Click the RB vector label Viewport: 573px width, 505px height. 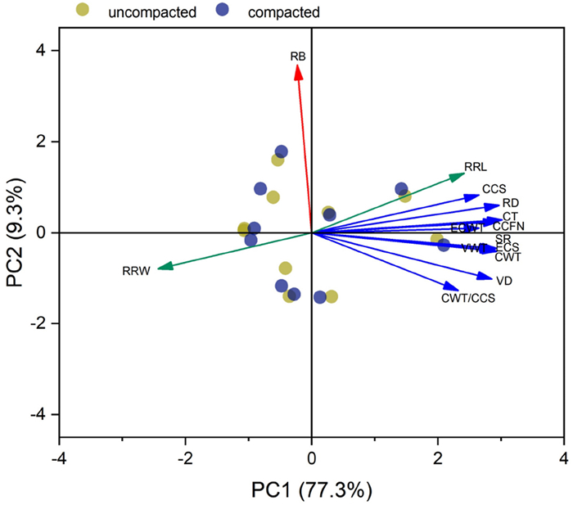coord(298,56)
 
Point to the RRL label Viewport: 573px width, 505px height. coord(476,167)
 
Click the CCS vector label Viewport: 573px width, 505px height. coord(494,189)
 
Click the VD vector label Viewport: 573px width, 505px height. coord(504,281)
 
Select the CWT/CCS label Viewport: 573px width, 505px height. coord(468,298)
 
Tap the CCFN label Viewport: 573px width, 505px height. coord(508,226)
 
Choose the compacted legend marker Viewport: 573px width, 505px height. coord(221,11)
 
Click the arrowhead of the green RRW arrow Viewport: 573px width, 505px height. coord(162,267)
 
